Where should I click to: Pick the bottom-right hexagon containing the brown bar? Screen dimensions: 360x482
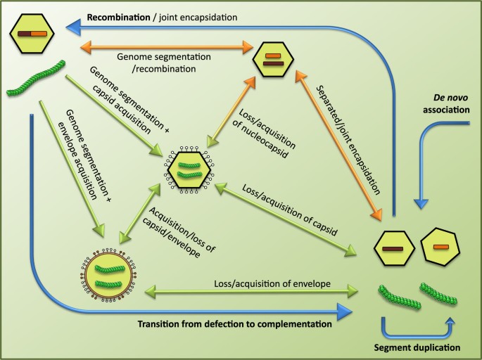coord(393,250)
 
